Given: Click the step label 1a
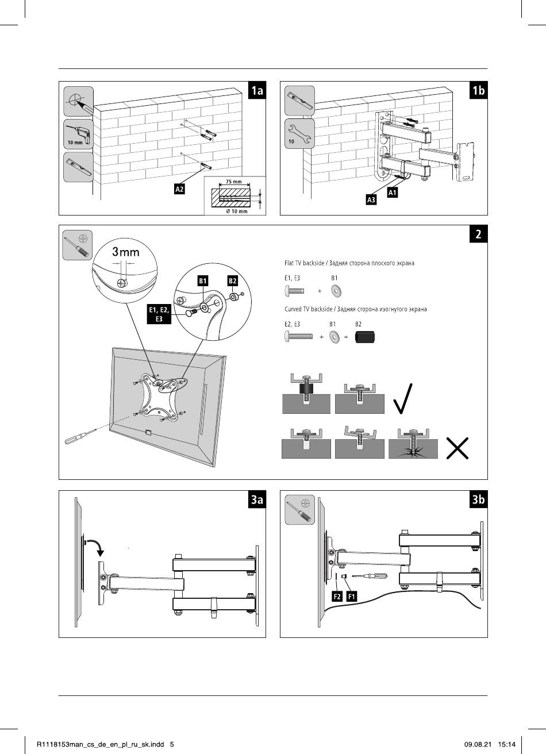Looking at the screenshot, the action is click(257, 90).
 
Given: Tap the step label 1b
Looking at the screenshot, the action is click(478, 90).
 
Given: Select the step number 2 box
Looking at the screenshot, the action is click(478, 234).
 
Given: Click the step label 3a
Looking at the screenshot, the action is click(257, 499).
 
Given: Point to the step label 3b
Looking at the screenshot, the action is click(478, 499).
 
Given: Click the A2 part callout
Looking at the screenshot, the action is click(179, 189).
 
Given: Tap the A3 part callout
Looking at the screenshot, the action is click(371, 200).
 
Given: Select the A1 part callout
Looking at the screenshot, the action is click(392, 193).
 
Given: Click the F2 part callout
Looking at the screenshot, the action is click(337, 597).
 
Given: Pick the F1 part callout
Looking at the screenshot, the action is click(352, 597).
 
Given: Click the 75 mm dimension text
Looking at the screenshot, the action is click(233, 182).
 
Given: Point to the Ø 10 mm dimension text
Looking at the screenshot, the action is click(237, 211).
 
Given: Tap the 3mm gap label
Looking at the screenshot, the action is click(125, 252).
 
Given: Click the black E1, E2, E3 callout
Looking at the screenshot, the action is click(159, 314).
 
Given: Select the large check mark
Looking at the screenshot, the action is click(402, 398).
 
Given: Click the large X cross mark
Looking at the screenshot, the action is click(457, 448).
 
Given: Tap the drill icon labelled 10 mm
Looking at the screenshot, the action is click(79, 134).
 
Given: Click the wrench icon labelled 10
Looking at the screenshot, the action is click(299, 134).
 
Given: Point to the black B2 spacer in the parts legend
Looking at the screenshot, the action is click(365, 337).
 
